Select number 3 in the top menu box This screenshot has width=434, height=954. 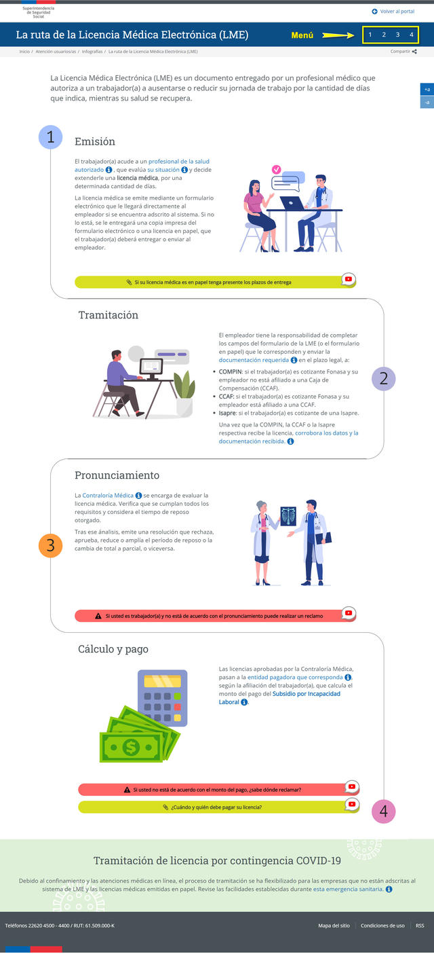pos(397,35)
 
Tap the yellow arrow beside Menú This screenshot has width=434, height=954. pos(338,35)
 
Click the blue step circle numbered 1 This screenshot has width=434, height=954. pos(51,137)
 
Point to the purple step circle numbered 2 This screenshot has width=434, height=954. pos(383,379)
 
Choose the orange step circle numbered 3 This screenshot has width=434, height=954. pos(51,545)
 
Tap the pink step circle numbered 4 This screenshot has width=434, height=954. pos(383,811)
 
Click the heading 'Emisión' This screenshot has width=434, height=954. pos(95,141)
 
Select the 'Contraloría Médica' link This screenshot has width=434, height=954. pos(108,495)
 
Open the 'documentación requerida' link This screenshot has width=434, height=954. pos(254,360)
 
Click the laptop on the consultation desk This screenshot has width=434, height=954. pos(292,204)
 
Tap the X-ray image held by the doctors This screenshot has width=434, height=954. pos(288,516)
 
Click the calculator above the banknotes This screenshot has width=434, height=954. pos(163,698)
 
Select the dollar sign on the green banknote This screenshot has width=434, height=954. pos(131,747)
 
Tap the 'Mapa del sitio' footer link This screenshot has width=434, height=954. pos(334,925)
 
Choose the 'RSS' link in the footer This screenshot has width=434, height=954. pos(420,925)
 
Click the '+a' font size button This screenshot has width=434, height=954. pos(427,90)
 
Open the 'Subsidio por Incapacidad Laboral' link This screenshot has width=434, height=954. pos(279,697)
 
